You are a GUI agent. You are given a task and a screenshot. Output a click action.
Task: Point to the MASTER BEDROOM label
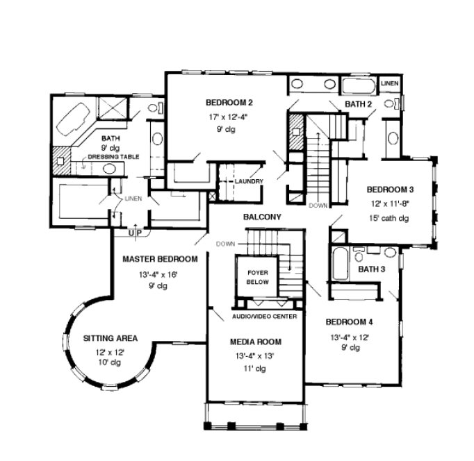tap(160, 259)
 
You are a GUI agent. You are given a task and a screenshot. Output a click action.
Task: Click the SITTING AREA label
tap(111, 338)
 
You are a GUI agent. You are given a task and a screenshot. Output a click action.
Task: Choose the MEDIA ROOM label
tap(256, 342)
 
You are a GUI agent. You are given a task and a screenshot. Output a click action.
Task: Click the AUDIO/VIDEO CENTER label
tap(264, 317)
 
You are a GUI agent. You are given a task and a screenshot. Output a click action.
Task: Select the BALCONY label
tap(262, 217)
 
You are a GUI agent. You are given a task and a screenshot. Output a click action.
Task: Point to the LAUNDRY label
tap(248, 182)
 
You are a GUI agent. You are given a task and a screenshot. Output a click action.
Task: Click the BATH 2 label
tap(359, 104)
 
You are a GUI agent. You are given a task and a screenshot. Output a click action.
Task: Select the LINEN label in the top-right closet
tap(391, 83)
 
